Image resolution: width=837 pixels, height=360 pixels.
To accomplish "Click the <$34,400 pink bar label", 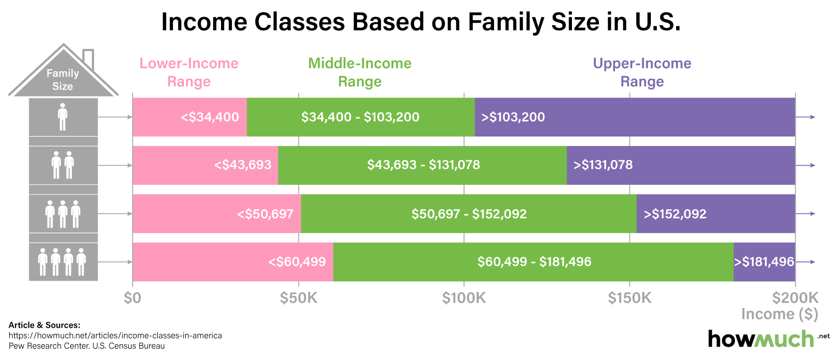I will (x=210, y=117).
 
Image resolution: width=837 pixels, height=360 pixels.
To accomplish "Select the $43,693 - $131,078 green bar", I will (x=423, y=165).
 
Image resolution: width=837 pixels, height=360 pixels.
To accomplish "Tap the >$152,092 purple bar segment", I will (x=715, y=214).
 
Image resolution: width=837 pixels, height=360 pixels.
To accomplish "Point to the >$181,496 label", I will (x=764, y=262).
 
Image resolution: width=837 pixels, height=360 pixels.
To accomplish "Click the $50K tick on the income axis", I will (x=299, y=298).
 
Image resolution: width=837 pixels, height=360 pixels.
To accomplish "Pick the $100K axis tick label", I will (x=464, y=298).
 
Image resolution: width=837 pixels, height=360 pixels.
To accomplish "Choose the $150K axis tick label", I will (x=629, y=298).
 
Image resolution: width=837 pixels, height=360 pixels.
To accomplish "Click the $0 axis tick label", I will (x=133, y=298).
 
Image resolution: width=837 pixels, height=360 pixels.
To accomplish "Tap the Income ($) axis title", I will (x=779, y=314).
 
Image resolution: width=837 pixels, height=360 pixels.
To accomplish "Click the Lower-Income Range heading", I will (x=189, y=72).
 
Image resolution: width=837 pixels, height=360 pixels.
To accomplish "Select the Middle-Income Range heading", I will (x=360, y=72).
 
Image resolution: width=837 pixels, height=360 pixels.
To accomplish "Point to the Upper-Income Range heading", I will (x=642, y=72).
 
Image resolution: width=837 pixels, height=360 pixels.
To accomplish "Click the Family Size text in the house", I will (x=63, y=79).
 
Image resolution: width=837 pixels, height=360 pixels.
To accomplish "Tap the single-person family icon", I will (x=63, y=117).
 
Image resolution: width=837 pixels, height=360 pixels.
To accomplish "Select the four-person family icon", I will (x=62, y=262).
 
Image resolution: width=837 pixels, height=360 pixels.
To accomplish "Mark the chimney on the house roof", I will (x=88, y=58).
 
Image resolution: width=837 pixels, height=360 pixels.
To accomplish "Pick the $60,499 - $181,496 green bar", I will (x=534, y=262).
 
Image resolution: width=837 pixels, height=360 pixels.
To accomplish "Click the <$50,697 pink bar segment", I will (x=217, y=214).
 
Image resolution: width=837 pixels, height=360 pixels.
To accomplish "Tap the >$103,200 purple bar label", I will (x=513, y=117).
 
